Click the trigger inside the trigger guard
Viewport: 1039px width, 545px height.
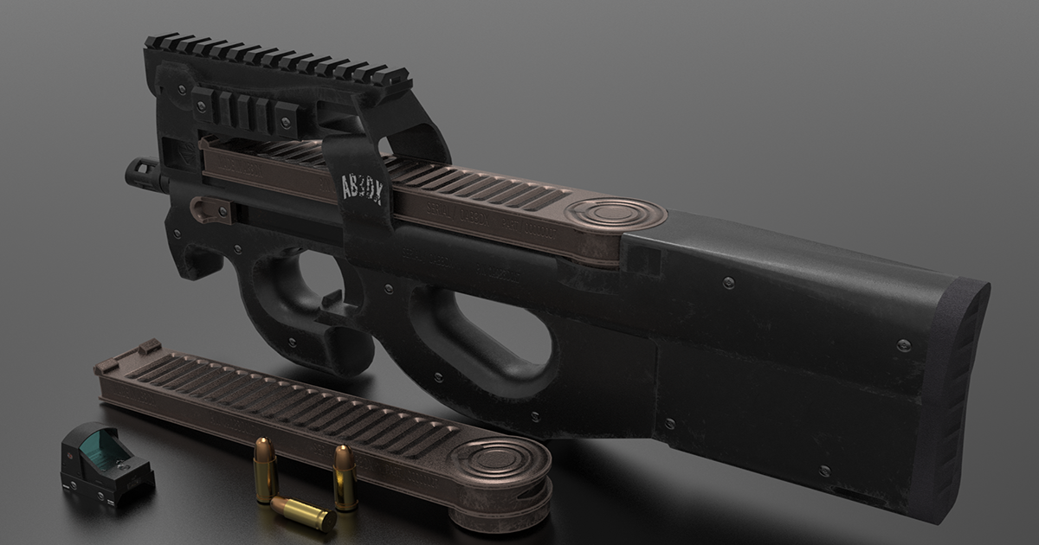coord(329,298)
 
